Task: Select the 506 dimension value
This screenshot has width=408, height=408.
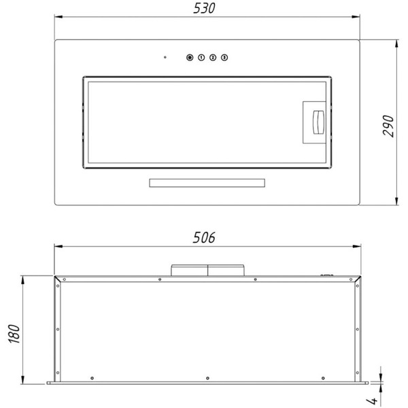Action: [204, 237]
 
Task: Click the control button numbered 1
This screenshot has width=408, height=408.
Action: [201, 57]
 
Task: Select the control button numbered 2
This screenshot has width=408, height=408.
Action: [213, 57]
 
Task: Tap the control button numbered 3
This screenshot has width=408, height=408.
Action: [224, 57]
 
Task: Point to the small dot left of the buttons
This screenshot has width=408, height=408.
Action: [165, 57]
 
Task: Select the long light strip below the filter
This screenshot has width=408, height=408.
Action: [205, 183]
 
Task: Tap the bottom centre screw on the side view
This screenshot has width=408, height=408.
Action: [205, 378]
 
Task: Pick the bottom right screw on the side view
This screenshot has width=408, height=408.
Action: [318, 378]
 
